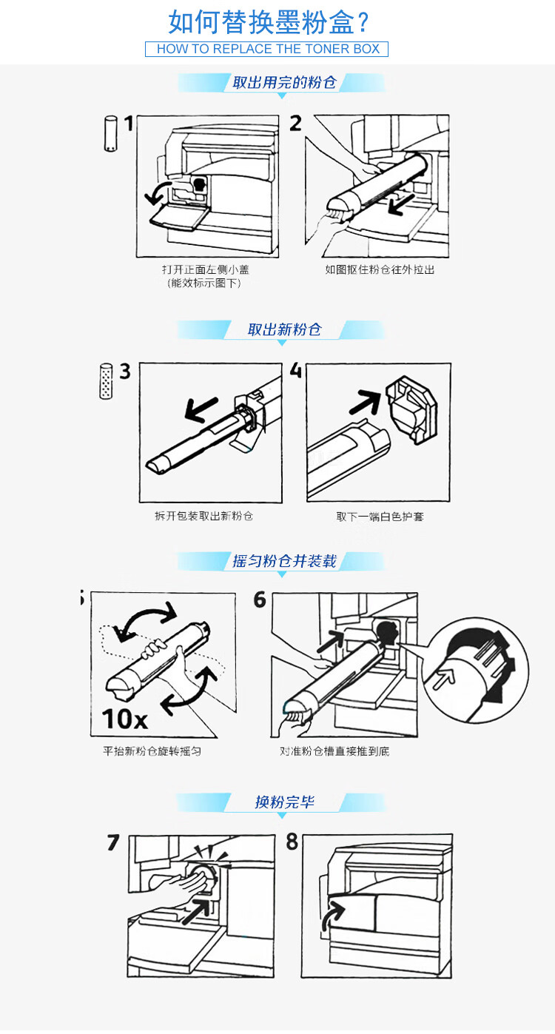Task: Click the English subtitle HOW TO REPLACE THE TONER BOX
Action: (x=268, y=49)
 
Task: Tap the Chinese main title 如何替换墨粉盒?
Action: (x=269, y=22)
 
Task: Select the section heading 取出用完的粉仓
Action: (x=284, y=83)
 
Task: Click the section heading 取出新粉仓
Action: (x=284, y=329)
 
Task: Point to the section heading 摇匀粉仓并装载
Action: (x=284, y=561)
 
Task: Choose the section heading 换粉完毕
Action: (x=284, y=802)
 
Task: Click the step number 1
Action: (x=129, y=124)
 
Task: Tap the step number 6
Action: (x=260, y=600)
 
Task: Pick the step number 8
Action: (x=292, y=842)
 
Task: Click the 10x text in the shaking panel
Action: (x=124, y=719)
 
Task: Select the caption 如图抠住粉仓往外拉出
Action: (x=380, y=269)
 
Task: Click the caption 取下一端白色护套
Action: (x=380, y=517)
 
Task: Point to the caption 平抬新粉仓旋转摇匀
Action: (x=152, y=751)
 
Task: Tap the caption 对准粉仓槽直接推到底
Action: (x=334, y=751)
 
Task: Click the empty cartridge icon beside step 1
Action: (x=110, y=133)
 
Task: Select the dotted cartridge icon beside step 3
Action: (x=106, y=381)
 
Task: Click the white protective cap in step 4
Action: (x=411, y=409)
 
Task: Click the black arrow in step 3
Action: (x=201, y=409)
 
